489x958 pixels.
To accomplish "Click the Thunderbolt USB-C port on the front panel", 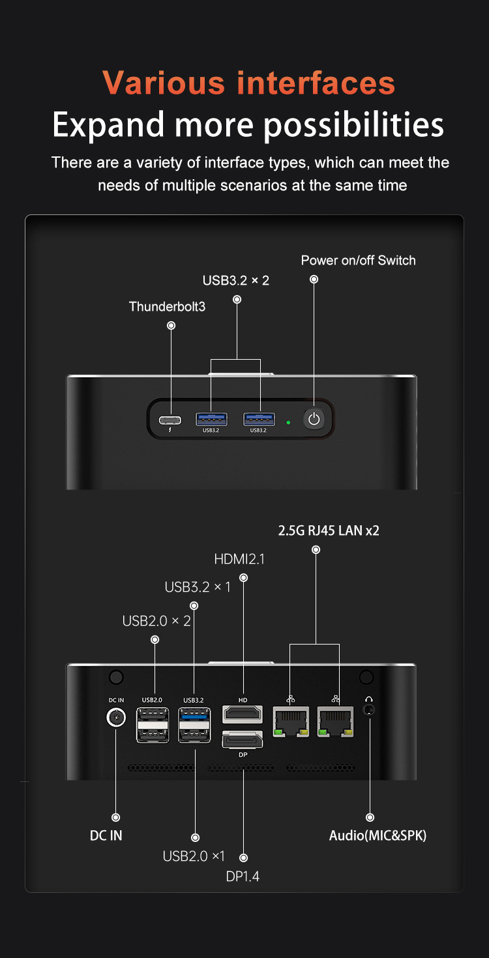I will coord(171,418).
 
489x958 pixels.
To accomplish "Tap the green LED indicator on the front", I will coord(288,422).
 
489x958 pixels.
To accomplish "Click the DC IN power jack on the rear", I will coord(115,718).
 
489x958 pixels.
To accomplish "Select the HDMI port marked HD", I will coord(243,714).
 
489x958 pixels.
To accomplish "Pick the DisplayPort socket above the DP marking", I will coord(243,740).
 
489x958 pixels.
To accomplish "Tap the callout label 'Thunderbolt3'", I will coord(167,306).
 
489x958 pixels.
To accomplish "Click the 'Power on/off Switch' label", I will coord(358,261).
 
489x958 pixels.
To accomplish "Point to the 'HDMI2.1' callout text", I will coord(239,559).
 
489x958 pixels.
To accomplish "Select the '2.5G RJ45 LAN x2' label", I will coord(329,530).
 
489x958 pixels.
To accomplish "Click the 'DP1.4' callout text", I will coord(243,877).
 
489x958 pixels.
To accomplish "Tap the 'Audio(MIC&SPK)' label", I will coord(378,835).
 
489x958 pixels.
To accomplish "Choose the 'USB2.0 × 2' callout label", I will coord(156,621).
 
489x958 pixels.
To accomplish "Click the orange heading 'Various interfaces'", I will coord(248,83).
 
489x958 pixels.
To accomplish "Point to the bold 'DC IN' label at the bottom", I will coord(106,835).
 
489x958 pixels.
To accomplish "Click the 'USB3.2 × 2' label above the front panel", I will coord(236,280).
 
